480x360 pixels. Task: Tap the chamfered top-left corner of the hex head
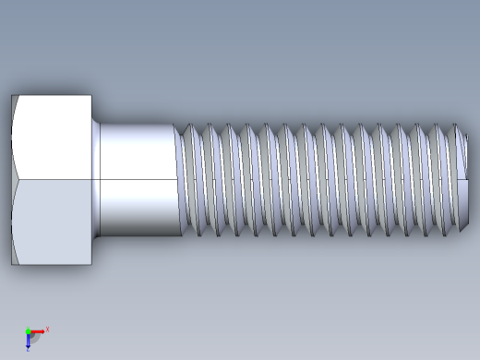tap(14, 99)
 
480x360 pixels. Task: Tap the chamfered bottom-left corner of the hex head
tap(14, 260)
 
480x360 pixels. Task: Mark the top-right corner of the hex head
tap(90, 95)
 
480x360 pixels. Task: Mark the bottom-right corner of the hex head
tap(90, 264)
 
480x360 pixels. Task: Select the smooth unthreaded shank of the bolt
tap(138, 152)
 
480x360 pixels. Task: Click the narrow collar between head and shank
tap(96, 178)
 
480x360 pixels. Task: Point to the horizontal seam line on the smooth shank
tap(138, 178)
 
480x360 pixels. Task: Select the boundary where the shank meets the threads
tap(180, 178)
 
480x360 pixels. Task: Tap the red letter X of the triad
tap(47, 329)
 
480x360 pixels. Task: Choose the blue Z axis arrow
tap(29, 340)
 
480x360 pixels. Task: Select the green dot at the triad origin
tap(28, 331)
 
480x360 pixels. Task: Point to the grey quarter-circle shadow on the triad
tap(33, 337)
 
